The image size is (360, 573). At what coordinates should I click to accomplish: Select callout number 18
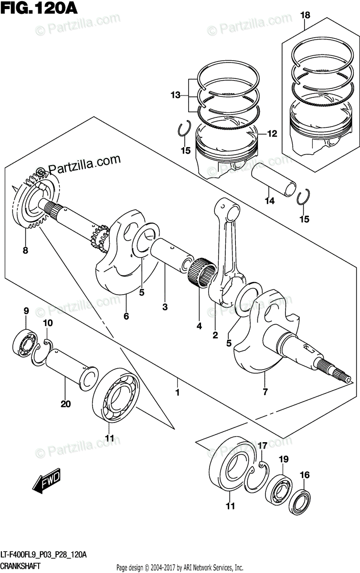coord(305,15)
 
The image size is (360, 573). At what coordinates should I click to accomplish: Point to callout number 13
coord(176,95)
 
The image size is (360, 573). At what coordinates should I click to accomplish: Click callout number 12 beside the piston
coord(272,134)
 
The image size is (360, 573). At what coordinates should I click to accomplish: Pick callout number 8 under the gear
coord(25,250)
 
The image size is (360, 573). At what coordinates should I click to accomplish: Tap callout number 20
coord(65,404)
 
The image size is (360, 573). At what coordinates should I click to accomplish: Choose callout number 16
coord(305,475)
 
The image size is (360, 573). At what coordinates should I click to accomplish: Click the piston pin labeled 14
coord(274,180)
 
